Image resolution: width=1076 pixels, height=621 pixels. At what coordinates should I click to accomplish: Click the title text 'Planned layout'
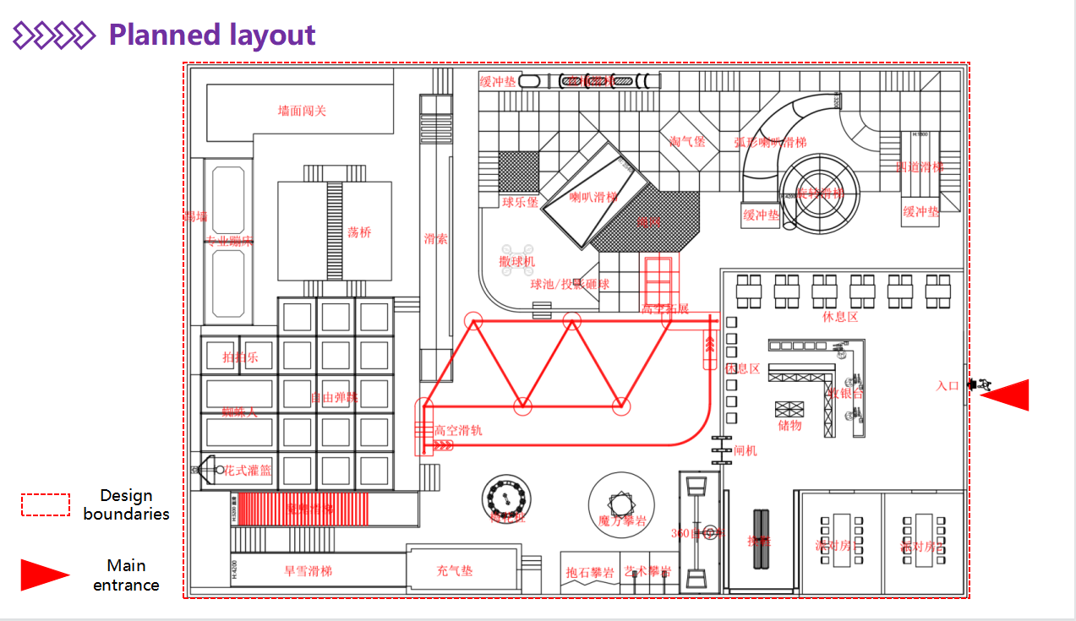pyautogui.click(x=211, y=35)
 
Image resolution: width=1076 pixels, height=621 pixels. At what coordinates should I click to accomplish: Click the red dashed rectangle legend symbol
pyautogui.click(x=46, y=504)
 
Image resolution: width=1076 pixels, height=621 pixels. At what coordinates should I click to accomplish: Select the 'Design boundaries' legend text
pyautogui.click(x=126, y=504)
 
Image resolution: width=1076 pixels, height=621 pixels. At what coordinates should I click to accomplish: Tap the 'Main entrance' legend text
pyautogui.click(x=126, y=575)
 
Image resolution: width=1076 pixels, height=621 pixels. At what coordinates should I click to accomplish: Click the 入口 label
pyautogui.click(x=948, y=386)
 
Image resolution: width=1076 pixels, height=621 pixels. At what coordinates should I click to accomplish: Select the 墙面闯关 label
pyautogui.click(x=302, y=111)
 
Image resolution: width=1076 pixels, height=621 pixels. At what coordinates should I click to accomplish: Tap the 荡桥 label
pyautogui.click(x=359, y=232)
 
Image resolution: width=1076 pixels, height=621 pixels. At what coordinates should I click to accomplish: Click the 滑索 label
pyautogui.click(x=435, y=239)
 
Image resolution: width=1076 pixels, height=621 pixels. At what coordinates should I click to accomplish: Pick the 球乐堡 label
pyautogui.click(x=520, y=203)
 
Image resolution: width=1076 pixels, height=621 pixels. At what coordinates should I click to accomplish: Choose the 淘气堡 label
pyautogui.click(x=687, y=142)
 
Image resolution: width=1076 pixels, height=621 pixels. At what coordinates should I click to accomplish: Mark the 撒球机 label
pyautogui.click(x=516, y=262)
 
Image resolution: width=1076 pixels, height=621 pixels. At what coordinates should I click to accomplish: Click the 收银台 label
pyautogui.click(x=845, y=393)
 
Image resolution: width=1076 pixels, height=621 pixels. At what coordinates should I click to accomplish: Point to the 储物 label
pyautogui.click(x=789, y=425)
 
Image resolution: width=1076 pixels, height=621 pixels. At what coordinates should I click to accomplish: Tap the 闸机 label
pyautogui.click(x=746, y=450)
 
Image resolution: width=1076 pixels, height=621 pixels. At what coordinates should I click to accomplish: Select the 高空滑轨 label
pyautogui.click(x=458, y=430)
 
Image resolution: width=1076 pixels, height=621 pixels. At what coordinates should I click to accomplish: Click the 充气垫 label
pyautogui.click(x=455, y=571)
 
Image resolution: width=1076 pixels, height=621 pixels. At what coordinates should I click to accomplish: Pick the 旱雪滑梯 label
pyautogui.click(x=308, y=571)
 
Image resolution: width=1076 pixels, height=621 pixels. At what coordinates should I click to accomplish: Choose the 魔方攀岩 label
pyautogui.click(x=621, y=521)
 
